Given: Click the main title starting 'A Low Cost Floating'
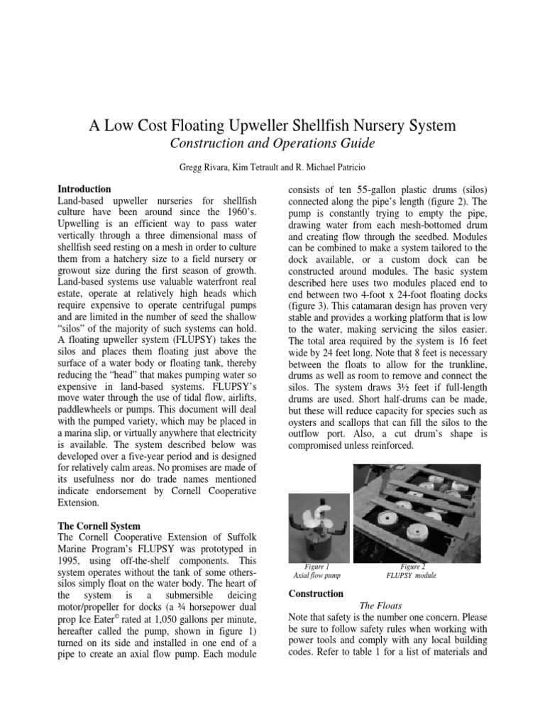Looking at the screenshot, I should point(272,126).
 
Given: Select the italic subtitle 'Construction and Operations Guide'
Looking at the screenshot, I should point(272,144).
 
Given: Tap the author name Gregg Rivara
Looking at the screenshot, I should point(213,170).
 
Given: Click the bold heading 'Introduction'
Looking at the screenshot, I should point(84,190).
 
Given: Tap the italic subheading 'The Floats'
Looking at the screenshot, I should point(382,606).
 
